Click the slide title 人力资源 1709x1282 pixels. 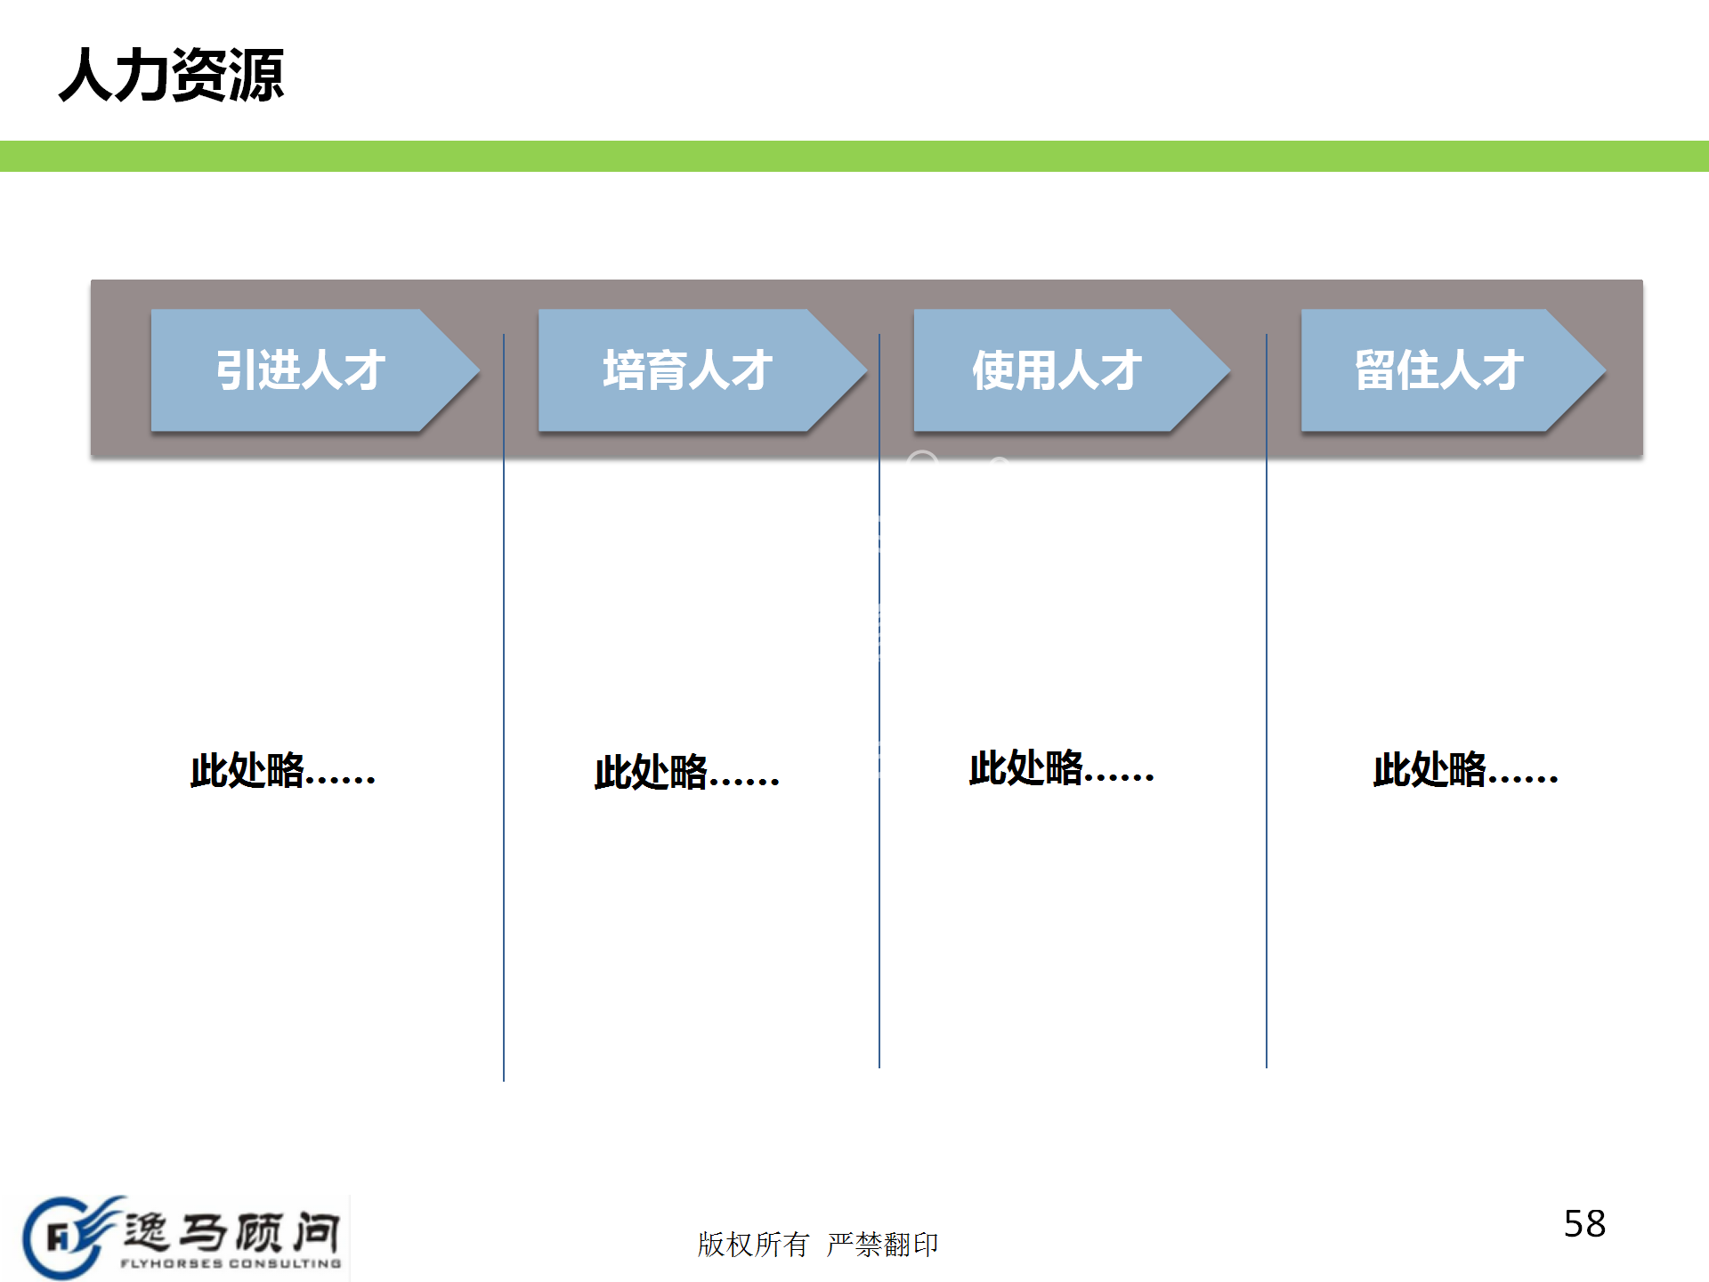pos(171,75)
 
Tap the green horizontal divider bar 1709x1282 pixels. pos(854,156)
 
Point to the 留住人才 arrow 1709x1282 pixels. pos(1438,370)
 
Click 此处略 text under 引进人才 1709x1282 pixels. pos(282,771)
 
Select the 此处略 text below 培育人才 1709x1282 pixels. pos(686,773)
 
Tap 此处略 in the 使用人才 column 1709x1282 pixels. pos(1061,768)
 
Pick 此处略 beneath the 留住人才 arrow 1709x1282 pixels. pos(1465,770)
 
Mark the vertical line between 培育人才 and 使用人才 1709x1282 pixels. pos(879,890)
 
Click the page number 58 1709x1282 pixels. pos(1584,1224)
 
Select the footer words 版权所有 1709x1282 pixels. pos(753,1245)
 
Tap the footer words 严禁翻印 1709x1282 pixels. pos(882,1245)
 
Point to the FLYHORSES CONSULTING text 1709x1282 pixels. pos(231,1263)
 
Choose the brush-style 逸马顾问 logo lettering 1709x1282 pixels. pos(231,1232)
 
